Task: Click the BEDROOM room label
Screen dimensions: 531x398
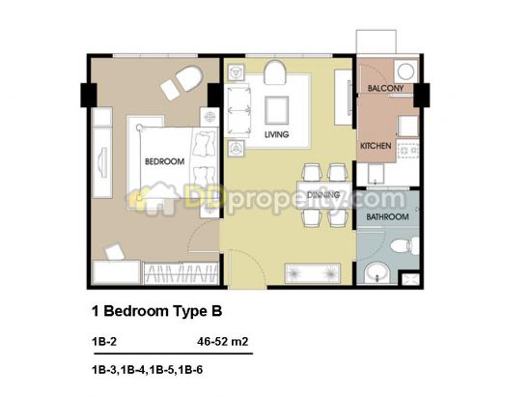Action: tap(164, 161)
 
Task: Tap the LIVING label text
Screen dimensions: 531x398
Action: tap(277, 134)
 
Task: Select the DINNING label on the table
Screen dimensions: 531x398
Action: tap(323, 195)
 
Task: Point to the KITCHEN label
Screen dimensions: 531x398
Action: tap(376, 146)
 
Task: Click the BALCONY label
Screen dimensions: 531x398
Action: tap(385, 89)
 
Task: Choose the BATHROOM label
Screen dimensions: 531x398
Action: tap(387, 216)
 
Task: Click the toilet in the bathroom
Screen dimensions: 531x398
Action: tap(405, 244)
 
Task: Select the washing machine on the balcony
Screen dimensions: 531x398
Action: tap(405, 71)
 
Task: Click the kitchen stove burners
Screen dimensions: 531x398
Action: tap(408, 150)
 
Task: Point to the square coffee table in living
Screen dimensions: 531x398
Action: tap(277, 110)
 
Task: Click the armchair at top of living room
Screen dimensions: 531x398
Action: tap(275, 72)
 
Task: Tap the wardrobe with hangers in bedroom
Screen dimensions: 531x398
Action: tap(181, 273)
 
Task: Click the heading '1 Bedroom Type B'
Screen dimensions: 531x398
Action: tap(156, 311)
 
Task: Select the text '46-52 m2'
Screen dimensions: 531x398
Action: tap(222, 341)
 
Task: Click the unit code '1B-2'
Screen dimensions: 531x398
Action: tap(104, 341)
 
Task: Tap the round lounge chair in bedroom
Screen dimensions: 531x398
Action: tap(189, 78)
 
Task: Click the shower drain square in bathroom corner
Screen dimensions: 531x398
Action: tap(410, 280)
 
